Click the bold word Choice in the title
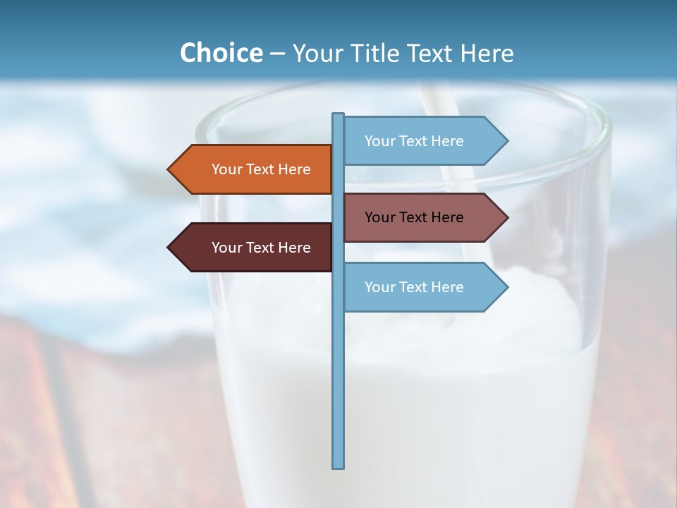(x=221, y=53)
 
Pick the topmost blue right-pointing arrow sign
(x=420, y=140)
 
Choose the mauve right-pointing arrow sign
(x=420, y=217)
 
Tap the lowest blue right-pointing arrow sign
(x=420, y=286)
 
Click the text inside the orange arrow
(x=261, y=169)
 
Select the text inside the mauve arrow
(x=414, y=217)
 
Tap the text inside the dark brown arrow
(x=261, y=248)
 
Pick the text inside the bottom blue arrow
(x=414, y=287)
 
